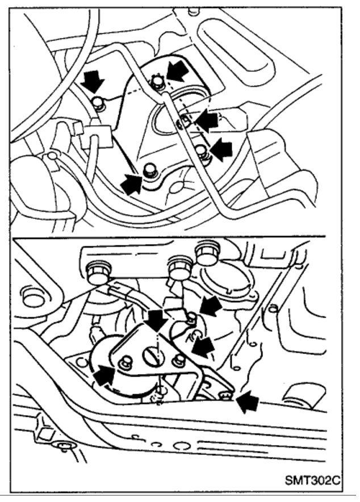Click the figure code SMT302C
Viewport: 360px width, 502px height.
pos(314,480)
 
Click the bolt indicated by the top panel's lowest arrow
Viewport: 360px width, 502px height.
pos(149,169)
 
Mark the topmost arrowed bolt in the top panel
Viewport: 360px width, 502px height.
pos(157,83)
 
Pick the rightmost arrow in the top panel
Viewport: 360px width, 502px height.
pos(221,150)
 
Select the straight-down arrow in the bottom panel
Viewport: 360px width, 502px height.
pos(155,319)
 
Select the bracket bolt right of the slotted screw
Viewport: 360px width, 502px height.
pos(179,359)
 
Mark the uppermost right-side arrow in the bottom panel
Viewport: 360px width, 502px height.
pos(210,307)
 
